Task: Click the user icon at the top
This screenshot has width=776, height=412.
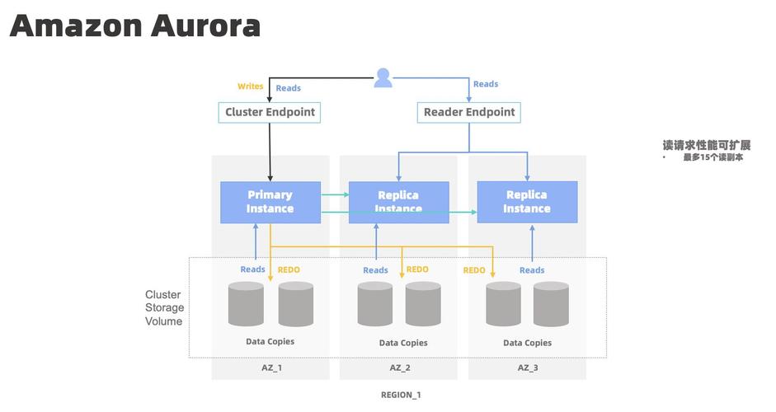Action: [383, 78]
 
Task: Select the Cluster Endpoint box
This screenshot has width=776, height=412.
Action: [270, 112]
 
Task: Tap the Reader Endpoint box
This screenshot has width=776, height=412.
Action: [469, 112]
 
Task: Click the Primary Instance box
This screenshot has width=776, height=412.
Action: [270, 202]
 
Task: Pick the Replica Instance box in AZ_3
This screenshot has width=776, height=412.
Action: [527, 202]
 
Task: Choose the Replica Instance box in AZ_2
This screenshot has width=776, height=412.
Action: [398, 202]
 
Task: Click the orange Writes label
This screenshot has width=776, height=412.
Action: [250, 87]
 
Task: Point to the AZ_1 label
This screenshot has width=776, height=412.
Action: [272, 368]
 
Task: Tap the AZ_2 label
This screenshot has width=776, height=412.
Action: [400, 368]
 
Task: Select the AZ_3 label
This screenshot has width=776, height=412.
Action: [528, 368]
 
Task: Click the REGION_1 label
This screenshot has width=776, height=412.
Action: [401, 395]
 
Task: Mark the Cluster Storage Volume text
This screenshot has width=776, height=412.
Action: [163, 308]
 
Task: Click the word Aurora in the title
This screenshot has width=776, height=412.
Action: [205, 26]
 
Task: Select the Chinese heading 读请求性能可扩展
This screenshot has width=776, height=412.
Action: [706, 145]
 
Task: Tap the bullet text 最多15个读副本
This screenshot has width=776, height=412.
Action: [713, 157]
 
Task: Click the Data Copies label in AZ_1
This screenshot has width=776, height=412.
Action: [270, 341]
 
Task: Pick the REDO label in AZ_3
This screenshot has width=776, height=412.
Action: [474, 270]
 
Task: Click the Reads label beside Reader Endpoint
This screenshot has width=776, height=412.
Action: [486, 84]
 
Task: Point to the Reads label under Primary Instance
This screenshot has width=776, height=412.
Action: [252, 269]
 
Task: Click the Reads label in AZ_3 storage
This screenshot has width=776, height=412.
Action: [532, 270]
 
